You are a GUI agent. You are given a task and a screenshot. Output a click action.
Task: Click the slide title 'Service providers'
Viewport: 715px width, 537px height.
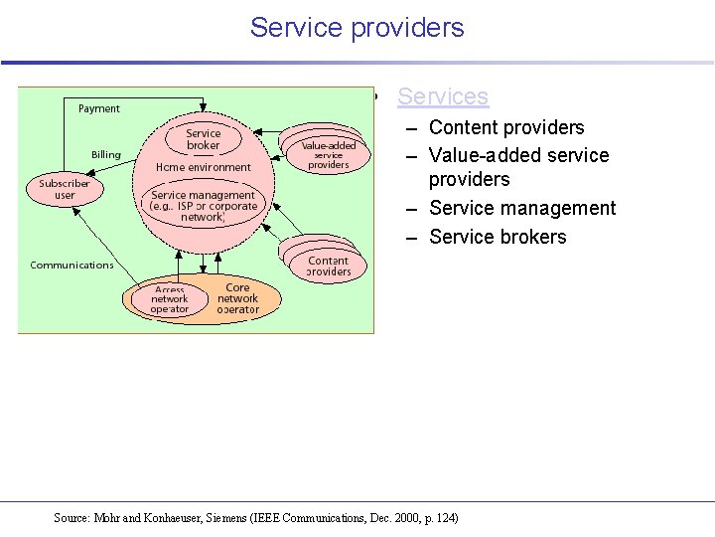(357, 27)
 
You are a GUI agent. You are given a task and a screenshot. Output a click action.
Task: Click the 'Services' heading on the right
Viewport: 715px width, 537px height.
(442, 96)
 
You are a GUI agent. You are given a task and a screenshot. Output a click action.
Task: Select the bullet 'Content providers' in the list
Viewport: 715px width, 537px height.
(506, 127)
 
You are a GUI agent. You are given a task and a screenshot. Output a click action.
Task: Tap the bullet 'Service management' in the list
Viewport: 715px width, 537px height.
(522, 208)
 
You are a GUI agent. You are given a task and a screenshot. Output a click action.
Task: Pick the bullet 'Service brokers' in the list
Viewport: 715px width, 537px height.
(498, 237)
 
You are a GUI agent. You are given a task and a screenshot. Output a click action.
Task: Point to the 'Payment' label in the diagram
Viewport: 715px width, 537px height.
(99, 108)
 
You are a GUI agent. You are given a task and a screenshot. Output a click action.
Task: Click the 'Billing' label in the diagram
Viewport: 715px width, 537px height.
(106, 154)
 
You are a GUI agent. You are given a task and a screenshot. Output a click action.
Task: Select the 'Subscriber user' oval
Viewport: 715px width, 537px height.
(65, 189)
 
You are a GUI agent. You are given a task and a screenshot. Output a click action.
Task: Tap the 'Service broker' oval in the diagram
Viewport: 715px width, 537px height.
(204, 139)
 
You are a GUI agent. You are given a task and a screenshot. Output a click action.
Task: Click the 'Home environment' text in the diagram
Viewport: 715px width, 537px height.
(204, 167)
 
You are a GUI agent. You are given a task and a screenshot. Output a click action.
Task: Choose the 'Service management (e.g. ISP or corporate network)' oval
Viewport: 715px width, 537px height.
(204, 206)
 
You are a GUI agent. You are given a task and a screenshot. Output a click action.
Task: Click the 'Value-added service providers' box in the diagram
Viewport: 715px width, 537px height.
(328, 155)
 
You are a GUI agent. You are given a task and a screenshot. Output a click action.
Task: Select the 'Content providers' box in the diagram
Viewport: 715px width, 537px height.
(329, 266)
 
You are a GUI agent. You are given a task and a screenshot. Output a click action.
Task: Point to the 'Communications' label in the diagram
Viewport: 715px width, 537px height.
(71, 265)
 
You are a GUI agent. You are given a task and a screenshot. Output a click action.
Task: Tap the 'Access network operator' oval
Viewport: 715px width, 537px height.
(169, 299)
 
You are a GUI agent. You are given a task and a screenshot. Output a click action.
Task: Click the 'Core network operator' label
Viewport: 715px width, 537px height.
(238, 298)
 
